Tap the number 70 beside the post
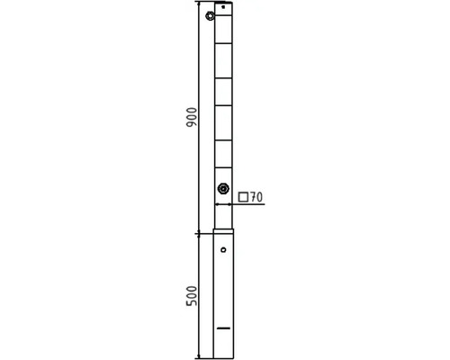coord(255,196)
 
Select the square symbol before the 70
coord(243,196)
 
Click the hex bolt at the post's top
coord(210,16)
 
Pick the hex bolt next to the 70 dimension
coord(222,189)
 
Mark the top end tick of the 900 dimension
coord(199,3)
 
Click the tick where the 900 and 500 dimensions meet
coord(199,231)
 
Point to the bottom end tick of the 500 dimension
coord(199,357)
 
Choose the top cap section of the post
coord(224,12)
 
